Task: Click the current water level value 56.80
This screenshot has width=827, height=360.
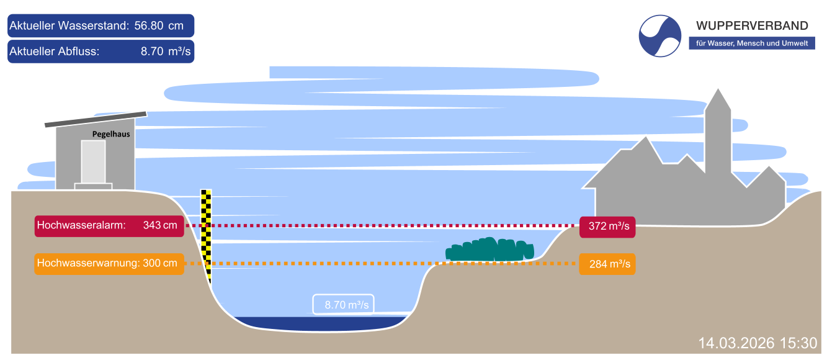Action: (150, 26)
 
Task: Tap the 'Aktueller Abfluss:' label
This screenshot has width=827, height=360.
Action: (55, 52)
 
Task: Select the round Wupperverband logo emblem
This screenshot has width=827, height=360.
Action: (660, 36)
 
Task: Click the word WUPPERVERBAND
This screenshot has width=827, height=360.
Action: (752, 25)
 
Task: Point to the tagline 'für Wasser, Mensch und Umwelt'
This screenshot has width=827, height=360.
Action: (751, 43)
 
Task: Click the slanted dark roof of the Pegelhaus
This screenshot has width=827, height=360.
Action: (96, 119)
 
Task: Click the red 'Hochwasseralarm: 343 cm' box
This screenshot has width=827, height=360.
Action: (109, 226)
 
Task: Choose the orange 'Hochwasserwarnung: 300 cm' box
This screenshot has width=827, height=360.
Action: (109, 264)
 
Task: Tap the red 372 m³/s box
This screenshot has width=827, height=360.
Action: (607, 227)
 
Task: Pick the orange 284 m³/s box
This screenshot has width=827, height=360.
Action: (607, 264)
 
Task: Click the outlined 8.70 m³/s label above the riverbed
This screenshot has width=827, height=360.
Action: (343, 304)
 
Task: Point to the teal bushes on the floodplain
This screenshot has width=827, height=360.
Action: (490, 250)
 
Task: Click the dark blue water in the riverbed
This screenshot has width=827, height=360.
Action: (320, 323)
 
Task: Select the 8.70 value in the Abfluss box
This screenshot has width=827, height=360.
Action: (152, 52)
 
